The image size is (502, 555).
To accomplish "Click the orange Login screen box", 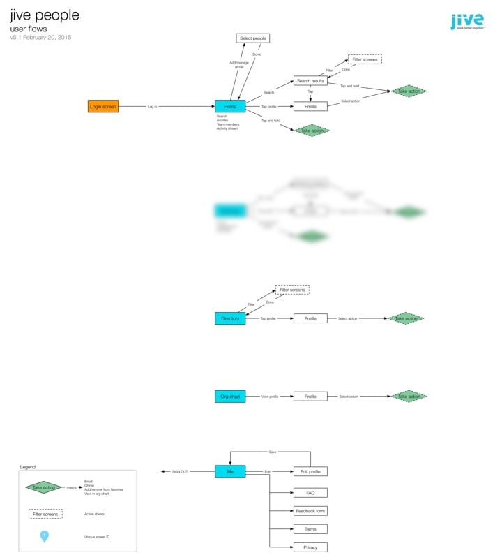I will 103,107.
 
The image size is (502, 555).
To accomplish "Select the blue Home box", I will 230,107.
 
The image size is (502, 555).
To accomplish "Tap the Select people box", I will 252,38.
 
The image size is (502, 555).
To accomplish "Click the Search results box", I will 310,81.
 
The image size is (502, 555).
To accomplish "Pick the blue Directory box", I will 230,318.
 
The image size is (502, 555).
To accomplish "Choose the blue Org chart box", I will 230,397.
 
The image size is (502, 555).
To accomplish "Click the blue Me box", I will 230,472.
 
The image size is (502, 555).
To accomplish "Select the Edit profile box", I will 310,472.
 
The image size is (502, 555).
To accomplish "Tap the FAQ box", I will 310,493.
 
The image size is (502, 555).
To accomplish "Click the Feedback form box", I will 310,511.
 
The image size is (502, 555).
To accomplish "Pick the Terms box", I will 310,529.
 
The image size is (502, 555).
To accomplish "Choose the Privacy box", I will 310,547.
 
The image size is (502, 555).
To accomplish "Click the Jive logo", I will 466,22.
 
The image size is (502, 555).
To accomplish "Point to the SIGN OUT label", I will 180,472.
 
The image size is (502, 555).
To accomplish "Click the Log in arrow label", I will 152,107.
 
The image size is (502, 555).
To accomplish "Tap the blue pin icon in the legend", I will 44,536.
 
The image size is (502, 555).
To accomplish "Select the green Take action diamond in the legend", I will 45,487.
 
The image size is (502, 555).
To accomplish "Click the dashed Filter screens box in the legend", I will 45,514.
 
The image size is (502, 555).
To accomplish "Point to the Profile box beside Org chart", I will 310,397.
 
